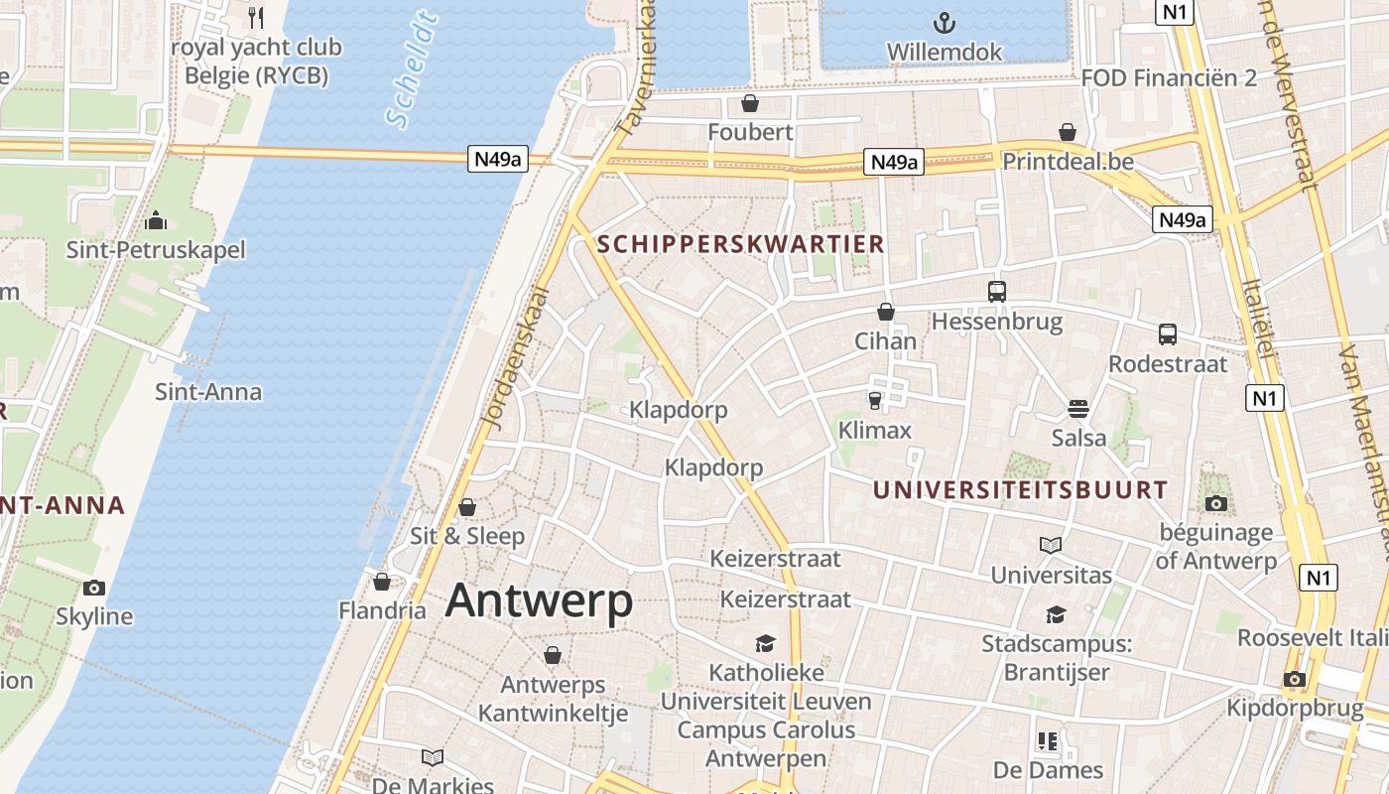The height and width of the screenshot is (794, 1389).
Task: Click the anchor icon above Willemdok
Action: tap(946, 21)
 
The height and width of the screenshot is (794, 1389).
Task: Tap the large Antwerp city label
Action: tap(539, 600)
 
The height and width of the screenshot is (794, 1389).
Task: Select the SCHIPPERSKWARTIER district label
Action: tap(740, 243)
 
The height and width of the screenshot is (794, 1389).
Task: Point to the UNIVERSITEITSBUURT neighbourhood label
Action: tap(1020, 489)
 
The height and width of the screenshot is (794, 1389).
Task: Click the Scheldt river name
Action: tap(412, 70)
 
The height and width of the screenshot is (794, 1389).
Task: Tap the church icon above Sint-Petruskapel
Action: tap(155, 220)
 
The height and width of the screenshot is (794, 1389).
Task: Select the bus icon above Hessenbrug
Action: tap(997, 292)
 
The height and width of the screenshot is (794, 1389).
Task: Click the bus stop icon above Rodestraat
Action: tap(1167, 334)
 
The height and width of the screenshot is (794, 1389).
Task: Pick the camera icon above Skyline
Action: tap(94, 588)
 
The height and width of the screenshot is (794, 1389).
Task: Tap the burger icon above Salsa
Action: tap(1078, 408)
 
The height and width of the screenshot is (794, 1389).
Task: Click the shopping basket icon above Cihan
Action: tap(886, 312)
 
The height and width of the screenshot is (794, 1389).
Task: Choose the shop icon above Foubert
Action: tap(750, 103)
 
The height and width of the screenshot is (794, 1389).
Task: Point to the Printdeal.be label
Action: tap(1068, 161)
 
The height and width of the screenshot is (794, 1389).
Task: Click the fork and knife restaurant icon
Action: tap(256, 17)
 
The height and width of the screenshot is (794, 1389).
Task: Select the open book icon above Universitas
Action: tap(1051, 545)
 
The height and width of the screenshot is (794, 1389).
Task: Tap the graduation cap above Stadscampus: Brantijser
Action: tap(1056, 615)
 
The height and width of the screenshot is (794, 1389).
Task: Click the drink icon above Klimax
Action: tap(874, 400)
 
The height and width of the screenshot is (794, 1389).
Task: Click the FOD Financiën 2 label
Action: tap(1169, 77)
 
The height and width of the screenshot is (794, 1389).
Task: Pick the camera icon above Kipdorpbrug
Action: tap(1294, 680)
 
